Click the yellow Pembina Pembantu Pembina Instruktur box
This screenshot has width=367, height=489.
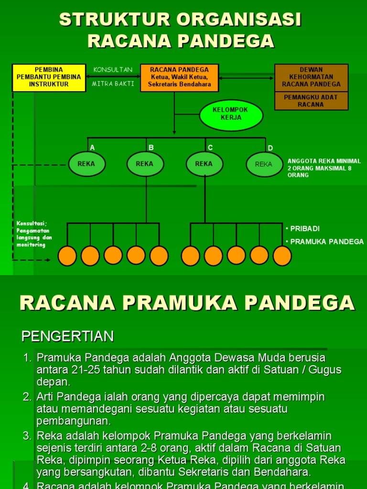49,77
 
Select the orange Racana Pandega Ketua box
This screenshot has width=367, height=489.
179,77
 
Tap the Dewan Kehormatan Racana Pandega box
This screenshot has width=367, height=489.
311,77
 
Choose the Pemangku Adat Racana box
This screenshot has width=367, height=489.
311,101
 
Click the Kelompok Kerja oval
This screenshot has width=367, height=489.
231,115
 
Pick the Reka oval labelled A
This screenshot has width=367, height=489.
86,164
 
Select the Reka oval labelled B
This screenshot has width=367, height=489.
145,164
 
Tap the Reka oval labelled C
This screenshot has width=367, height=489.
204,164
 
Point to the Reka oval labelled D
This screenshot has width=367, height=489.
264,164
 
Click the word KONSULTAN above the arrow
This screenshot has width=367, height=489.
113,70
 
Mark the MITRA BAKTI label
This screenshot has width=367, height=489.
113,84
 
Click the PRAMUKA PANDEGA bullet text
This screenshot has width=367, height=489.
327,242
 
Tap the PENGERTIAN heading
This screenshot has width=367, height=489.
67,336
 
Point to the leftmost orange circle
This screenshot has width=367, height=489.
67,256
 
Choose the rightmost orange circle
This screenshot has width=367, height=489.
282,256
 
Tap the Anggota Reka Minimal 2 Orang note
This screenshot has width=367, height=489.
324,168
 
